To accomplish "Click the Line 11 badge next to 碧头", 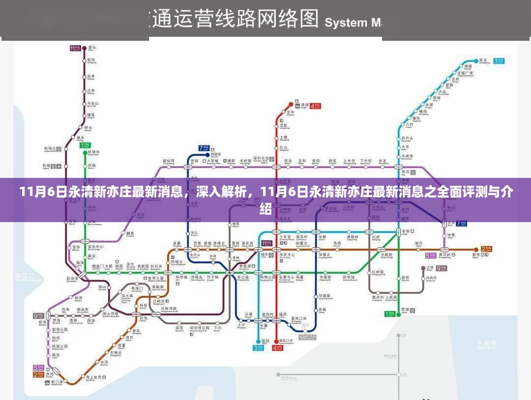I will (75, 48).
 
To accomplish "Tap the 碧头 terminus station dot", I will (84, 48).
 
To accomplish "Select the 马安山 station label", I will (92, 104).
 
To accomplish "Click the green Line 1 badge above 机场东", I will (86, 145).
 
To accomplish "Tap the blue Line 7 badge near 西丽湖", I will (204, 148).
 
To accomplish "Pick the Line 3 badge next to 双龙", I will (499, 60).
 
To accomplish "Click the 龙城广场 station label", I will (465, 74).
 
